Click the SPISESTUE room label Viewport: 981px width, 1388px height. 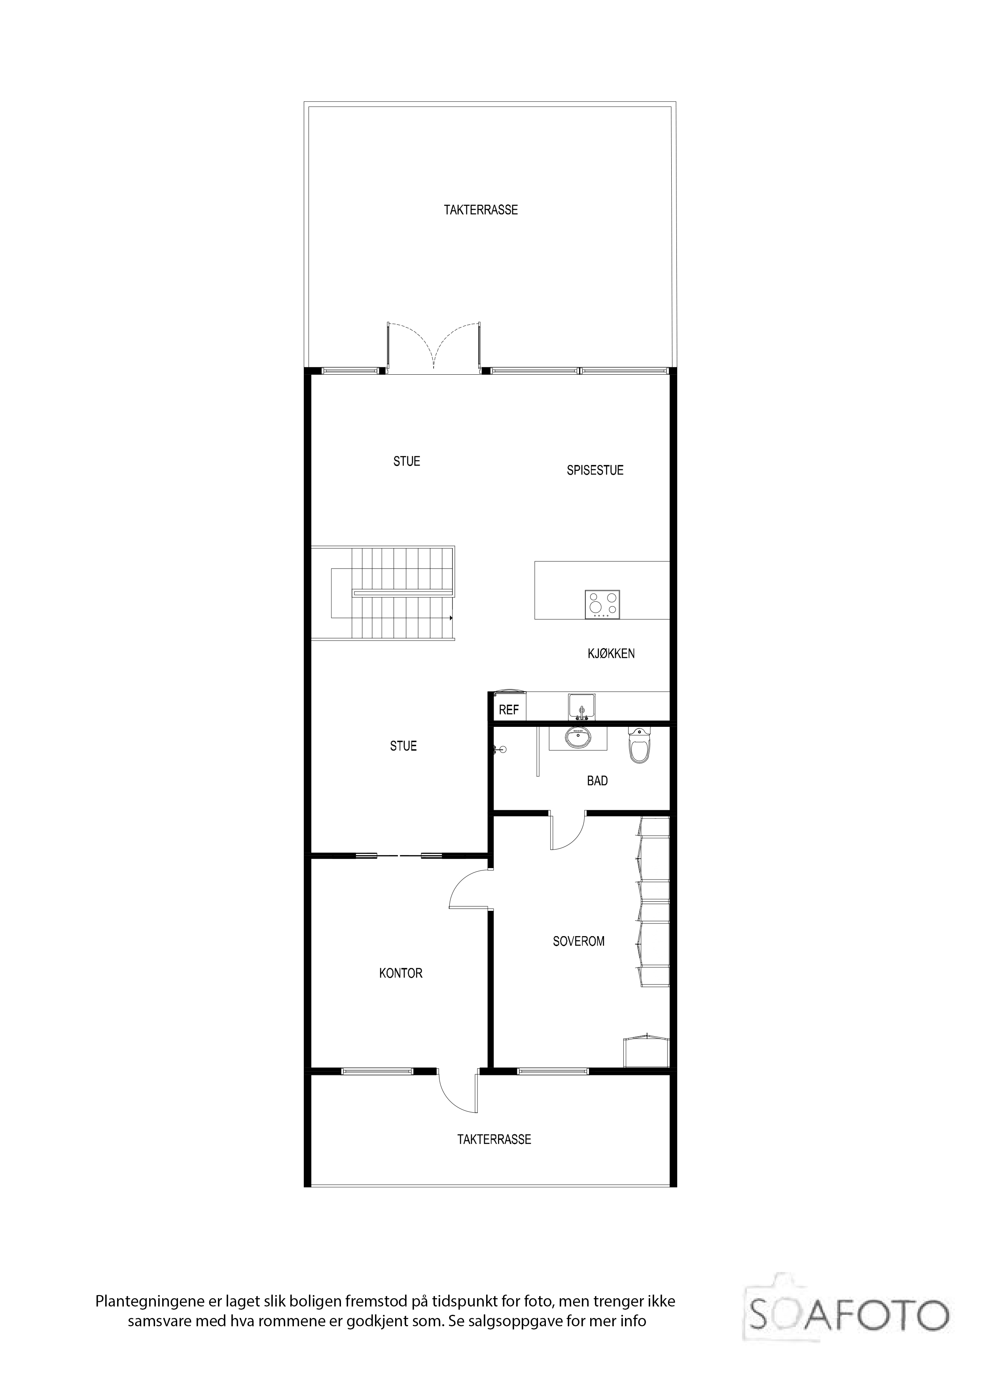click(595, 470)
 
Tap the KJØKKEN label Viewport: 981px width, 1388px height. click(611, 654)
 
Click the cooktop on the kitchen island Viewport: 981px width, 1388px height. click(602, 605)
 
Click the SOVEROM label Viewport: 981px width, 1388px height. click(578, 941)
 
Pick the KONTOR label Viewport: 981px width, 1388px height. click(401, 973)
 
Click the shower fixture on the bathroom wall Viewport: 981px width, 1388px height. click(499, 750)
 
